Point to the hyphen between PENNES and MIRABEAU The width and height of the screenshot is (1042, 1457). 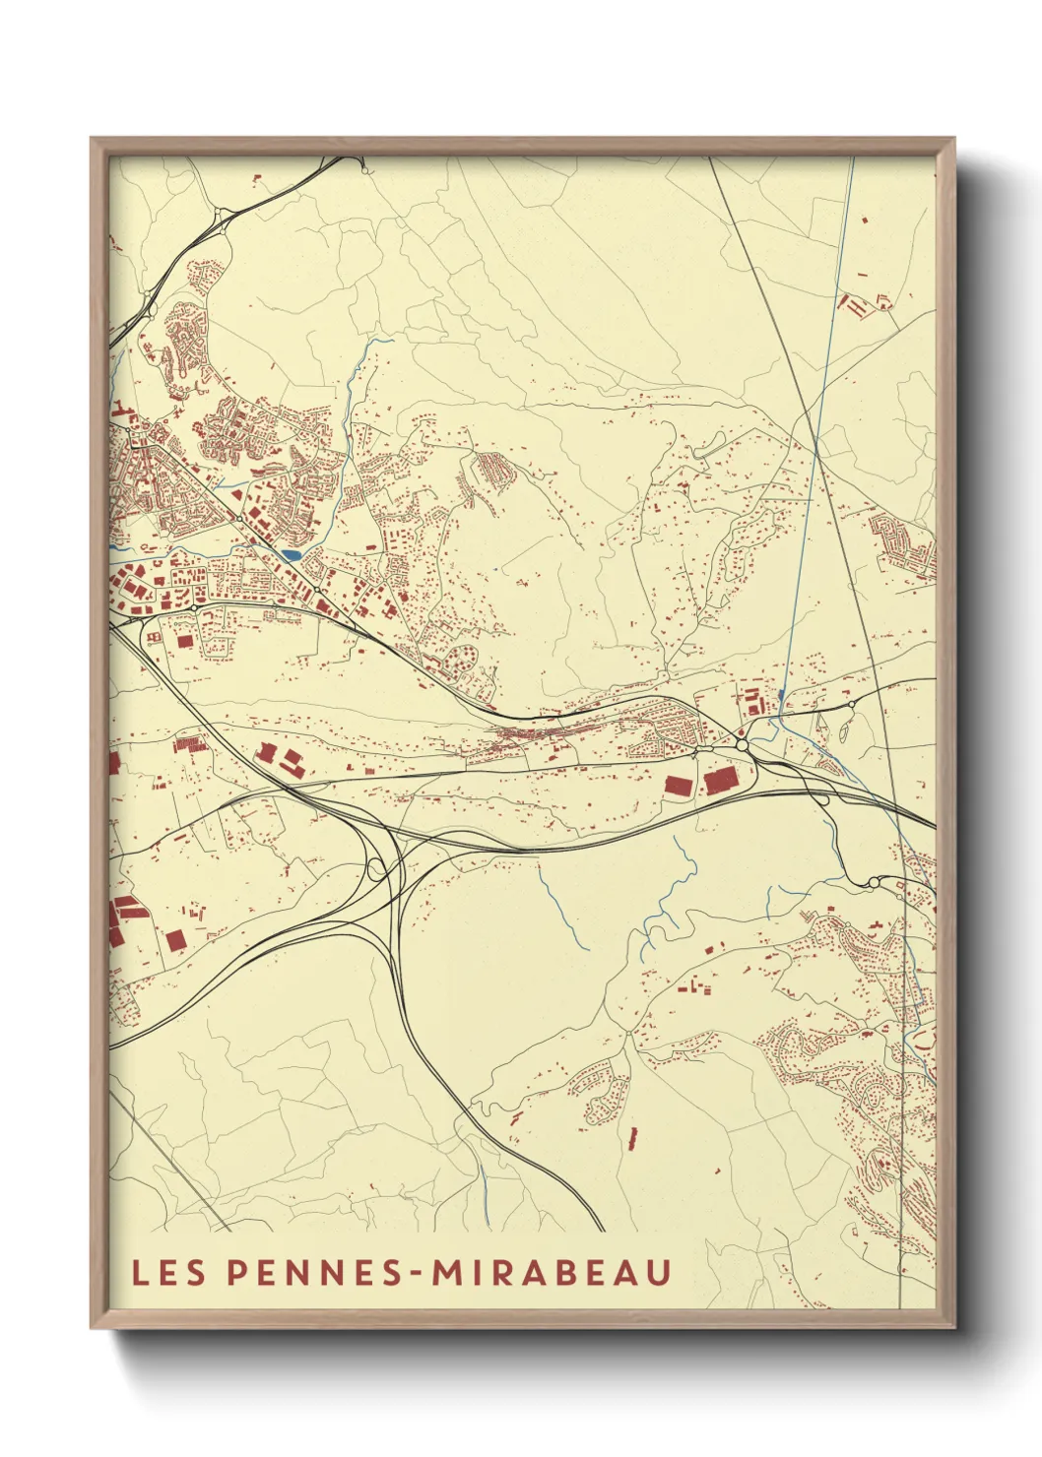(418, 1273)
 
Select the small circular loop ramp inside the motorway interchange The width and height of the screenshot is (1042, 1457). (375, 867)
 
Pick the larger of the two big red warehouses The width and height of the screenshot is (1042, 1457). (721, 783)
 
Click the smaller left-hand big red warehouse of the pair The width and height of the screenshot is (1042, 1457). (678, 786)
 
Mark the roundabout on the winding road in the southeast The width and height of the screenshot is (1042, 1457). (874, 882)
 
